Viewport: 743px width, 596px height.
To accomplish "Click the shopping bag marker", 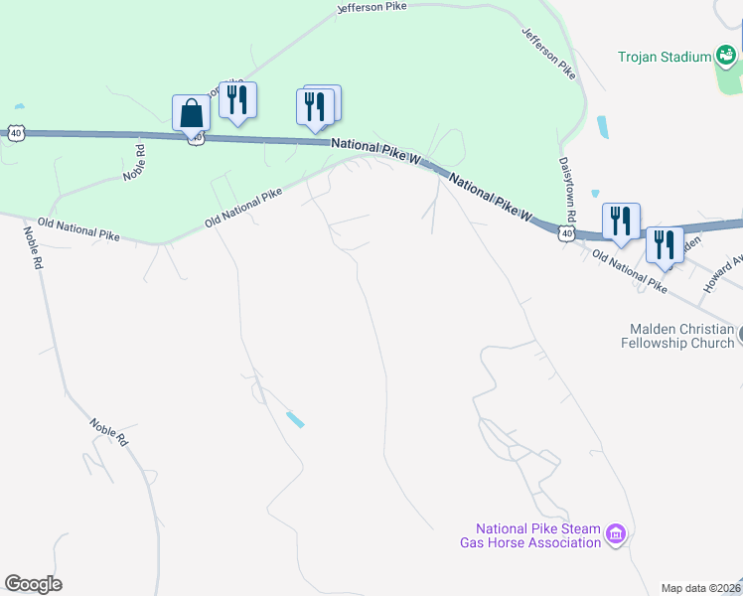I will (x=191, y=113).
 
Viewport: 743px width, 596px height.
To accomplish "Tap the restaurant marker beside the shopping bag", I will (x=237, y=100).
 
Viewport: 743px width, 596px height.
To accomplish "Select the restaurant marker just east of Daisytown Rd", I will (x=621, y=222).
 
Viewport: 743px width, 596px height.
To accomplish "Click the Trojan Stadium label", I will (x=665, y=57).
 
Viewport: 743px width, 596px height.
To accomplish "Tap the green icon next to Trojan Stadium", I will (x=727, y=57).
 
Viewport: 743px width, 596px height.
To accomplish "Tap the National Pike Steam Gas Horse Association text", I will (x=537, y=536).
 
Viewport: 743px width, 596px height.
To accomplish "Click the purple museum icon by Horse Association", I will (x=616, y=536).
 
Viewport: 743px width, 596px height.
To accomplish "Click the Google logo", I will (x=33, y=584).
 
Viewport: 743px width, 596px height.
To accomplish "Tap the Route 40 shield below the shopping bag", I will (x=197, y=138).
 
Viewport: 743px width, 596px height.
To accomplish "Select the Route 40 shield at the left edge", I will (x=14, y=131).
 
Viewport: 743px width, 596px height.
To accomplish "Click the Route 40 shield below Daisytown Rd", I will (x=565, y=233).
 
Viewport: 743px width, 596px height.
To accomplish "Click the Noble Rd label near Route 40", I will (x=135, y=163).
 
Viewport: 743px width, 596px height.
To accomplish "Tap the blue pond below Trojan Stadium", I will (x=603, y=127).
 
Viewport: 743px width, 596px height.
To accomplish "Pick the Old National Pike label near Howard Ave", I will (x=630, y=271).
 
